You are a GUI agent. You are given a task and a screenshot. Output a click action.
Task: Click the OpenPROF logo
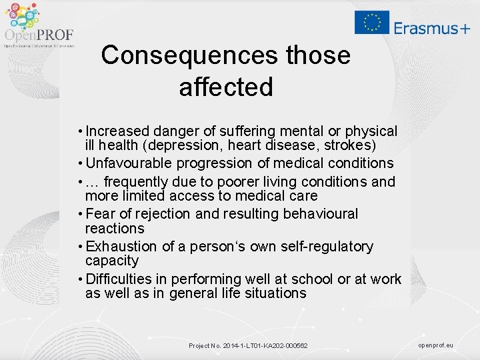(x=38, y=25)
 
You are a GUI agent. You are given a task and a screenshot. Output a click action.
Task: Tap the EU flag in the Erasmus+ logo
(x=372, y=22)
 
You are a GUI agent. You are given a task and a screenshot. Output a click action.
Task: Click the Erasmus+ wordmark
(x=431, y=27)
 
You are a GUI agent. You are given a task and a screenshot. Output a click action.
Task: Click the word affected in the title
(x=226, y=87)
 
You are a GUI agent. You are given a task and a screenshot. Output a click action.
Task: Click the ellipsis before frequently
(x=93, y=182)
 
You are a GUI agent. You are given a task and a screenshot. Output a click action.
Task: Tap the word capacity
(x=112, y=261)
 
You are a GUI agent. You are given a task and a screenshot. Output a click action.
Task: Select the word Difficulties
(x=120, y=279)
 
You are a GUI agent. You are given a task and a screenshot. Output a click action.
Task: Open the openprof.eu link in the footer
(x=435, y=345)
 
